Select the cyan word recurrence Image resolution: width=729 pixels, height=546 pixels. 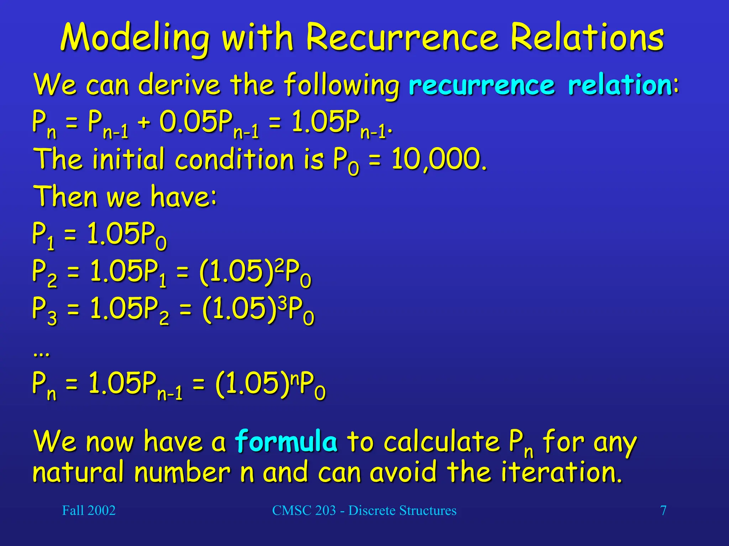482,85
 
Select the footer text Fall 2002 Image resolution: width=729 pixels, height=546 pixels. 89,510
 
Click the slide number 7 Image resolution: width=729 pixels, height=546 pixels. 663,510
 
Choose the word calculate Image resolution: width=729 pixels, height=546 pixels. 441,442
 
